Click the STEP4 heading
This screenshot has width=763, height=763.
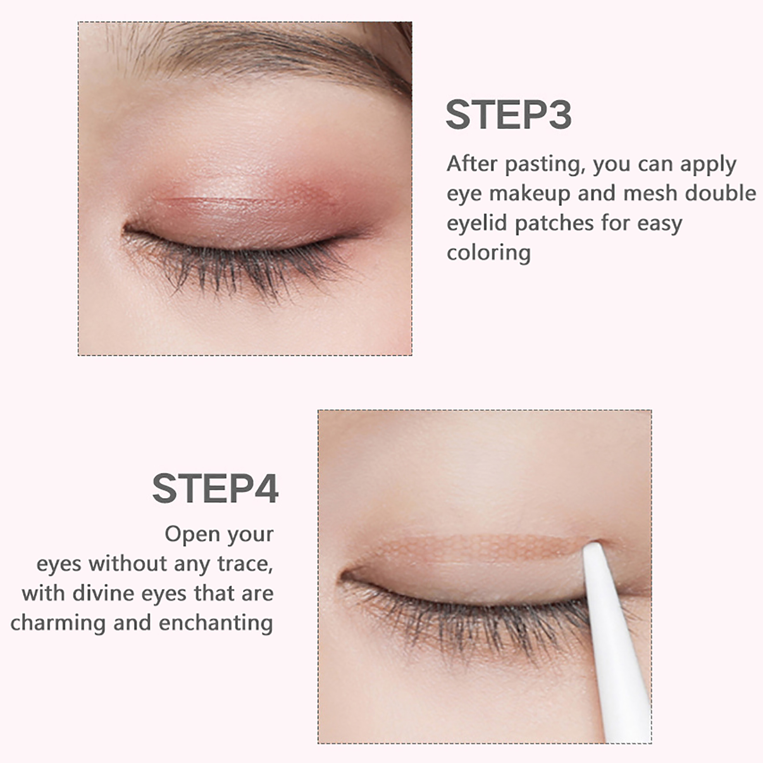[215, 488]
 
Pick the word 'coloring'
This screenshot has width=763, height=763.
[488, 253]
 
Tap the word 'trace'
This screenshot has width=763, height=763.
[245, 564]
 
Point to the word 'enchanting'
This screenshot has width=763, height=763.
[216, 624]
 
